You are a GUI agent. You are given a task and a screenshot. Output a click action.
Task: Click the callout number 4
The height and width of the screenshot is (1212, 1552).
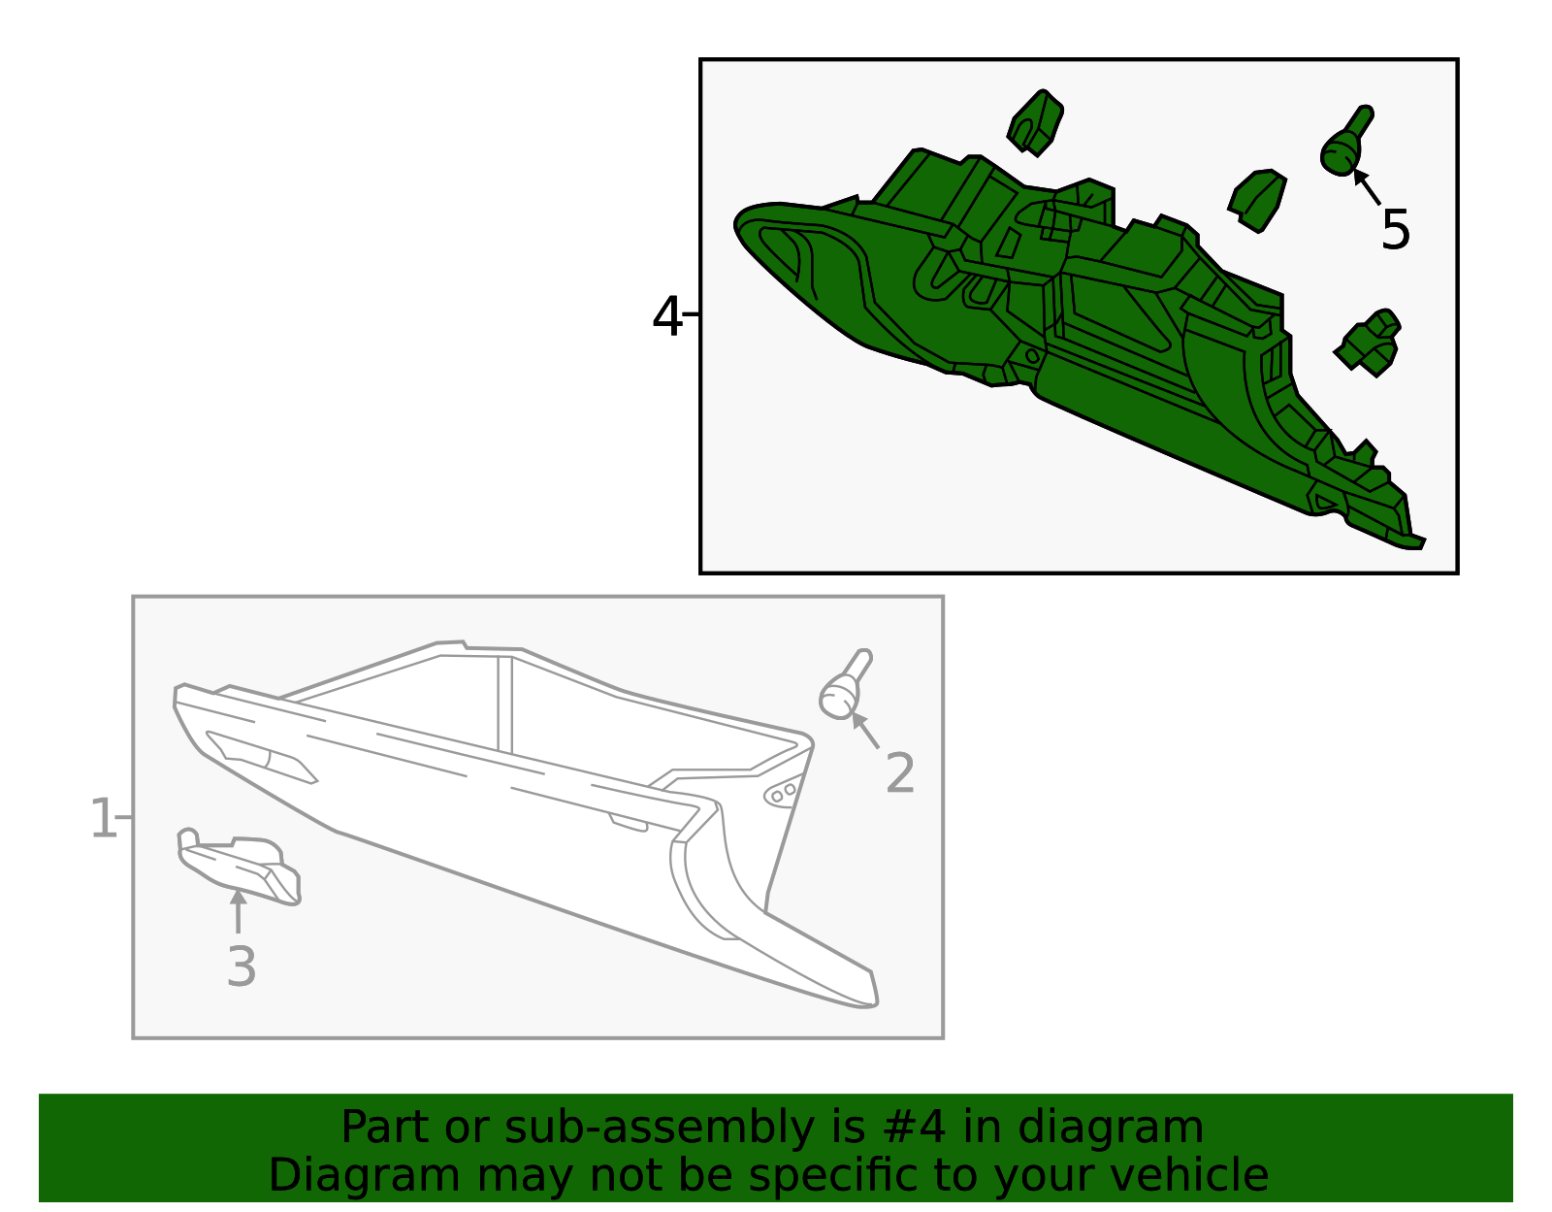(x=665, y=316)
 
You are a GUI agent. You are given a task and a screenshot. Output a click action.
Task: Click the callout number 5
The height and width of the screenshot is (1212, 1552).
(x=1395, y=230)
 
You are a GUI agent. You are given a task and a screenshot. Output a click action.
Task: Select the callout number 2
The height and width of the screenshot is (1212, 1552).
(x=899, y=772)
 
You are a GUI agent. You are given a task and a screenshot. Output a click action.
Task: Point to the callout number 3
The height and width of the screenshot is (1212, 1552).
(x=241, y=967)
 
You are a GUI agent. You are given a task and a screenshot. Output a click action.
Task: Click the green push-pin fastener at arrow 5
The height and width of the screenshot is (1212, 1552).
(x=1345, y=141)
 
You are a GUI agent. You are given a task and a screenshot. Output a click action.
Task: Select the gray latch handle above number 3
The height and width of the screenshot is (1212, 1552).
(x=240, y=868)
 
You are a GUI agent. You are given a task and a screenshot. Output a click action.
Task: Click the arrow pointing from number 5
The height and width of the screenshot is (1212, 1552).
(x=1367, y=186)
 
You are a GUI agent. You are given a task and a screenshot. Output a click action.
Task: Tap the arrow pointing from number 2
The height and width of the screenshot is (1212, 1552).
(x=865, y=730)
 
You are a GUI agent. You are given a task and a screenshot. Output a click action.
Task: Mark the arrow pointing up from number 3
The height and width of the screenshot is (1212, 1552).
(x=238, y=911)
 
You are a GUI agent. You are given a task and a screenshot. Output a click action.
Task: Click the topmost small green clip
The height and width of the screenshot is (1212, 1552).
(x=1035, y=123)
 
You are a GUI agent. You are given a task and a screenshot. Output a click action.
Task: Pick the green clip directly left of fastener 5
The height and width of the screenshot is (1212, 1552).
(x=1257, y=201)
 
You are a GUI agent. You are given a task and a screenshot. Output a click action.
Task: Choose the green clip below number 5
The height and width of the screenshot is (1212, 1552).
(x=1368, y=343)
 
